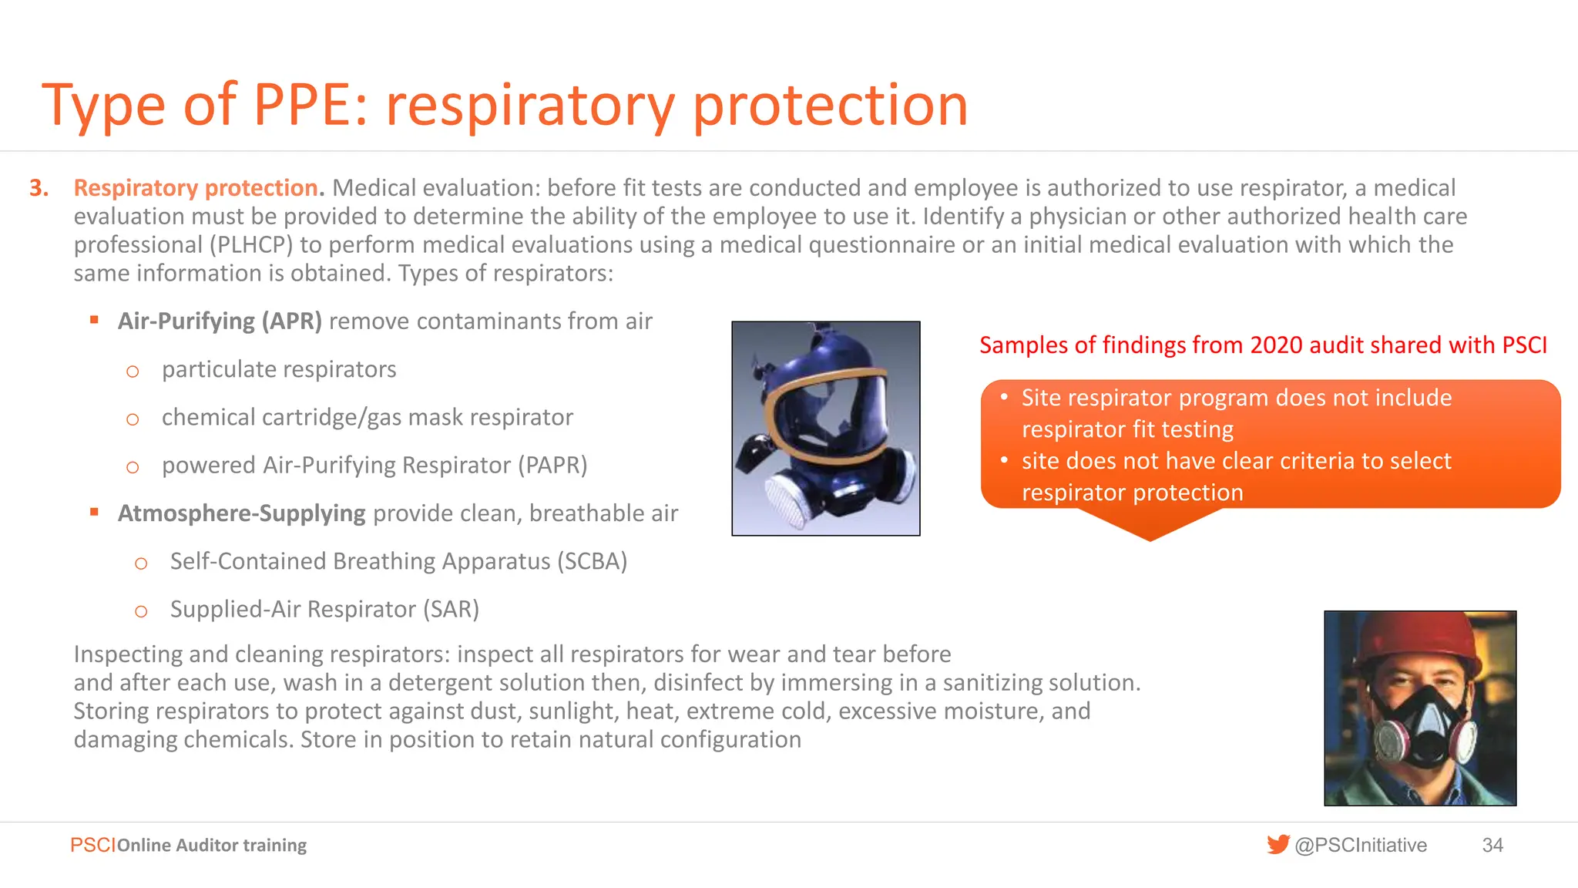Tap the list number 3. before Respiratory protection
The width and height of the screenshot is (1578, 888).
click(x=39, y=188)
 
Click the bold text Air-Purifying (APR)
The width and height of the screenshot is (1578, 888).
click(x=220, y=321)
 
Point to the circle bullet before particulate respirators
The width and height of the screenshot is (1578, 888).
click(x=133, y=372)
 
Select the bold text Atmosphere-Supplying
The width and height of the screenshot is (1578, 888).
click(x=241, y=513)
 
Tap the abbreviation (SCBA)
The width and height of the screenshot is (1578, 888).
click(x=592, y=561)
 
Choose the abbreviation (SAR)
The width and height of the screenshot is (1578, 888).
click(x=451, y=610)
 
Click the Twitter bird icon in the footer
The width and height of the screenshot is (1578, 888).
click(x=1278, y=845)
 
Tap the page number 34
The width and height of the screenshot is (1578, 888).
click(x=1492, y=846)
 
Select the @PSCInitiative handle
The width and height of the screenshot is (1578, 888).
click(x=1361, y=846)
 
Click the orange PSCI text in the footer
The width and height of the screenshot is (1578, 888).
click(x=92, y=846)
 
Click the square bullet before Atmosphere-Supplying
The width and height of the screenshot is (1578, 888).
click(x=94, y=512)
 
